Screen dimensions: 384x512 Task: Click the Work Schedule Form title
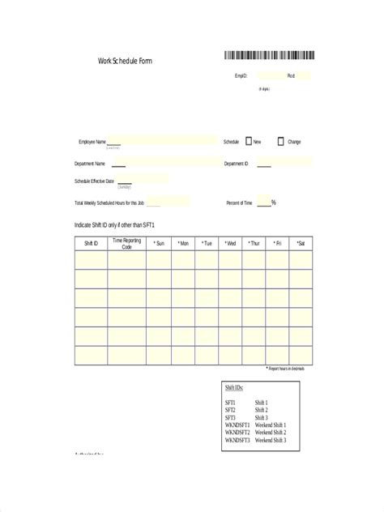click(x=124, y=61)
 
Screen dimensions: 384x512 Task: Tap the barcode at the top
click(x=270, y=56)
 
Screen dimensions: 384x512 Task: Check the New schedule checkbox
click(x=249, y=141)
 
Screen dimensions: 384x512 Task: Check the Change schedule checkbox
click(x=280, y=141)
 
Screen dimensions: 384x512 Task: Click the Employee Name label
click(x=92, y=142)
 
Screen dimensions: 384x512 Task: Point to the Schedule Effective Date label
click(x=94, y=181)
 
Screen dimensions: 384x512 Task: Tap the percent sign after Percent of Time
click(x=274, y=203)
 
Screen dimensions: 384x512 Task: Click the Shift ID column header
click(x=91, y=243)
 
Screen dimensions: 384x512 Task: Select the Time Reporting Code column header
click(x=126, y=243)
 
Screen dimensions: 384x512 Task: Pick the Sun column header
click(x=159, y=243)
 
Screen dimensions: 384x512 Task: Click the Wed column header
click(x=230, y=243)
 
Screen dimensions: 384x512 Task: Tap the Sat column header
click(x=300, y=243)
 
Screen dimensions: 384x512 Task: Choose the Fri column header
click(x=277, y=243)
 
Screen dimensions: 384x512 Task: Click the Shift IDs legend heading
click(x=234, y=388)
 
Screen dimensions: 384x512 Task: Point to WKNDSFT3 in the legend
click(x=237, y=440)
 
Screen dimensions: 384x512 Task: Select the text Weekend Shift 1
click(x=270, y=425)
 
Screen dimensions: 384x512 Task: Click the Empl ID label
click(x=241, y=76)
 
